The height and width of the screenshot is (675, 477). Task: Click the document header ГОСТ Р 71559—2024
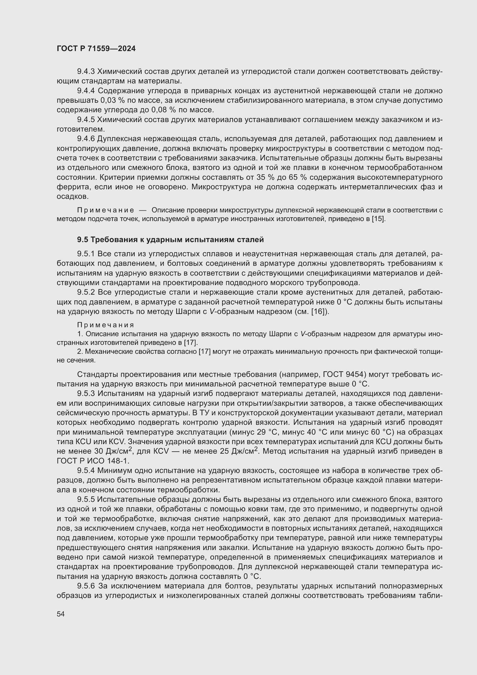click(96, 49)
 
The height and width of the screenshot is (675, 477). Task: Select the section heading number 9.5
click(82, 240)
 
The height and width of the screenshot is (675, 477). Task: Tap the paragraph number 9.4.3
click(86, 72)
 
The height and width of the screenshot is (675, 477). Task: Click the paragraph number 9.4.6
click(86, 139)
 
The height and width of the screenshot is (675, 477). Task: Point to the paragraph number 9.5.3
click(86, 393)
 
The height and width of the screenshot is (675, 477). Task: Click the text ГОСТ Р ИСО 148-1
click(93, 461)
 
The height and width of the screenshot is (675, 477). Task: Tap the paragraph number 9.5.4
click(86, 470)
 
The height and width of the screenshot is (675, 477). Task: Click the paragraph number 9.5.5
click(86, 499)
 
